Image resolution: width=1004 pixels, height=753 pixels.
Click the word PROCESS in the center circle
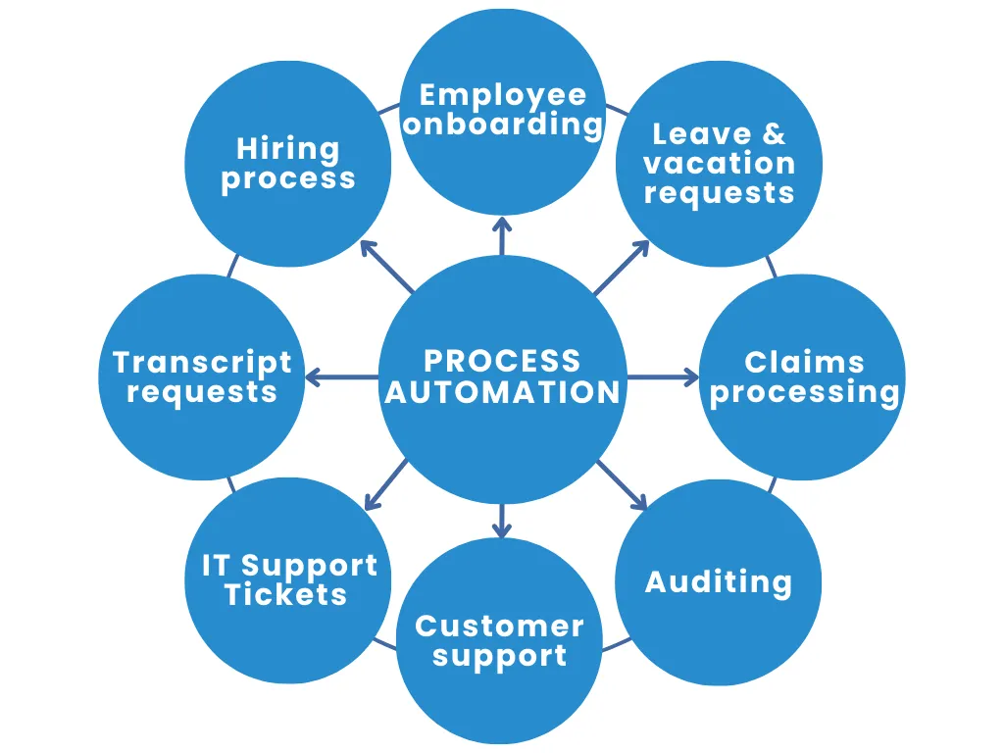502,361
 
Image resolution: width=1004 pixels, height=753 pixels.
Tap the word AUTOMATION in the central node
503,392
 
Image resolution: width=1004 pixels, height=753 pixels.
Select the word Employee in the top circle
503,95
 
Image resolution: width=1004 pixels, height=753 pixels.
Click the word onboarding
503,125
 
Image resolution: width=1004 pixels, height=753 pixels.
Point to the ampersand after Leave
774,134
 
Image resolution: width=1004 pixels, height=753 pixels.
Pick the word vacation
719,164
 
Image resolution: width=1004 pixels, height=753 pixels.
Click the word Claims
804,363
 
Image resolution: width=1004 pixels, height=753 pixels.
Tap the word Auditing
719,582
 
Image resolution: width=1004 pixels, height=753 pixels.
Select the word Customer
499,627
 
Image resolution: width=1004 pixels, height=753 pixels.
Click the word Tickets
286,594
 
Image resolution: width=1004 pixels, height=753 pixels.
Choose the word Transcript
202,363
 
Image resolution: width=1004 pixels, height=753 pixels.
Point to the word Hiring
288,149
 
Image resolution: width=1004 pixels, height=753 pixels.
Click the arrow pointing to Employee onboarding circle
502,235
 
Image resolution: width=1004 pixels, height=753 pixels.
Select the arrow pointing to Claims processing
663,377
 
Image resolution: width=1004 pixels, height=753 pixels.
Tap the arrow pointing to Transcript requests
342,377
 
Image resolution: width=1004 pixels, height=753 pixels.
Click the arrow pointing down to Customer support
502,520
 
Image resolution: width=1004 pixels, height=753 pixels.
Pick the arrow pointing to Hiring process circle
386,267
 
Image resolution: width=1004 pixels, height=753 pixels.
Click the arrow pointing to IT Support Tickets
385,484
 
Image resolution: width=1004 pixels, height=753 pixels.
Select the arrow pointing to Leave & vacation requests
621,268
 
